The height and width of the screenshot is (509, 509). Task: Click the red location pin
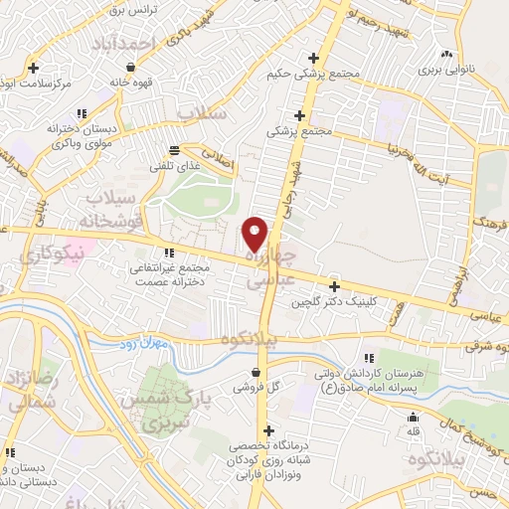coord(255,234)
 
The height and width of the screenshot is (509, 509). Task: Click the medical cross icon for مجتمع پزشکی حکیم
coord(314,57)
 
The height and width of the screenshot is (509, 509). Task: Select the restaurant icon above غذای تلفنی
coord(174,150)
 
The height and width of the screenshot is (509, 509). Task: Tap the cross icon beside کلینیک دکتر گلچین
coord(334,286)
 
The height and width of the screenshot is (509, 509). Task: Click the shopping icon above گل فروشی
coord(254,373)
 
